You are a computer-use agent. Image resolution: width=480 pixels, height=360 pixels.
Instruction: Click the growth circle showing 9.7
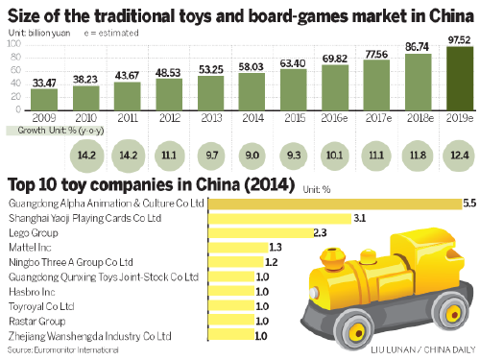click(208, 155)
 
